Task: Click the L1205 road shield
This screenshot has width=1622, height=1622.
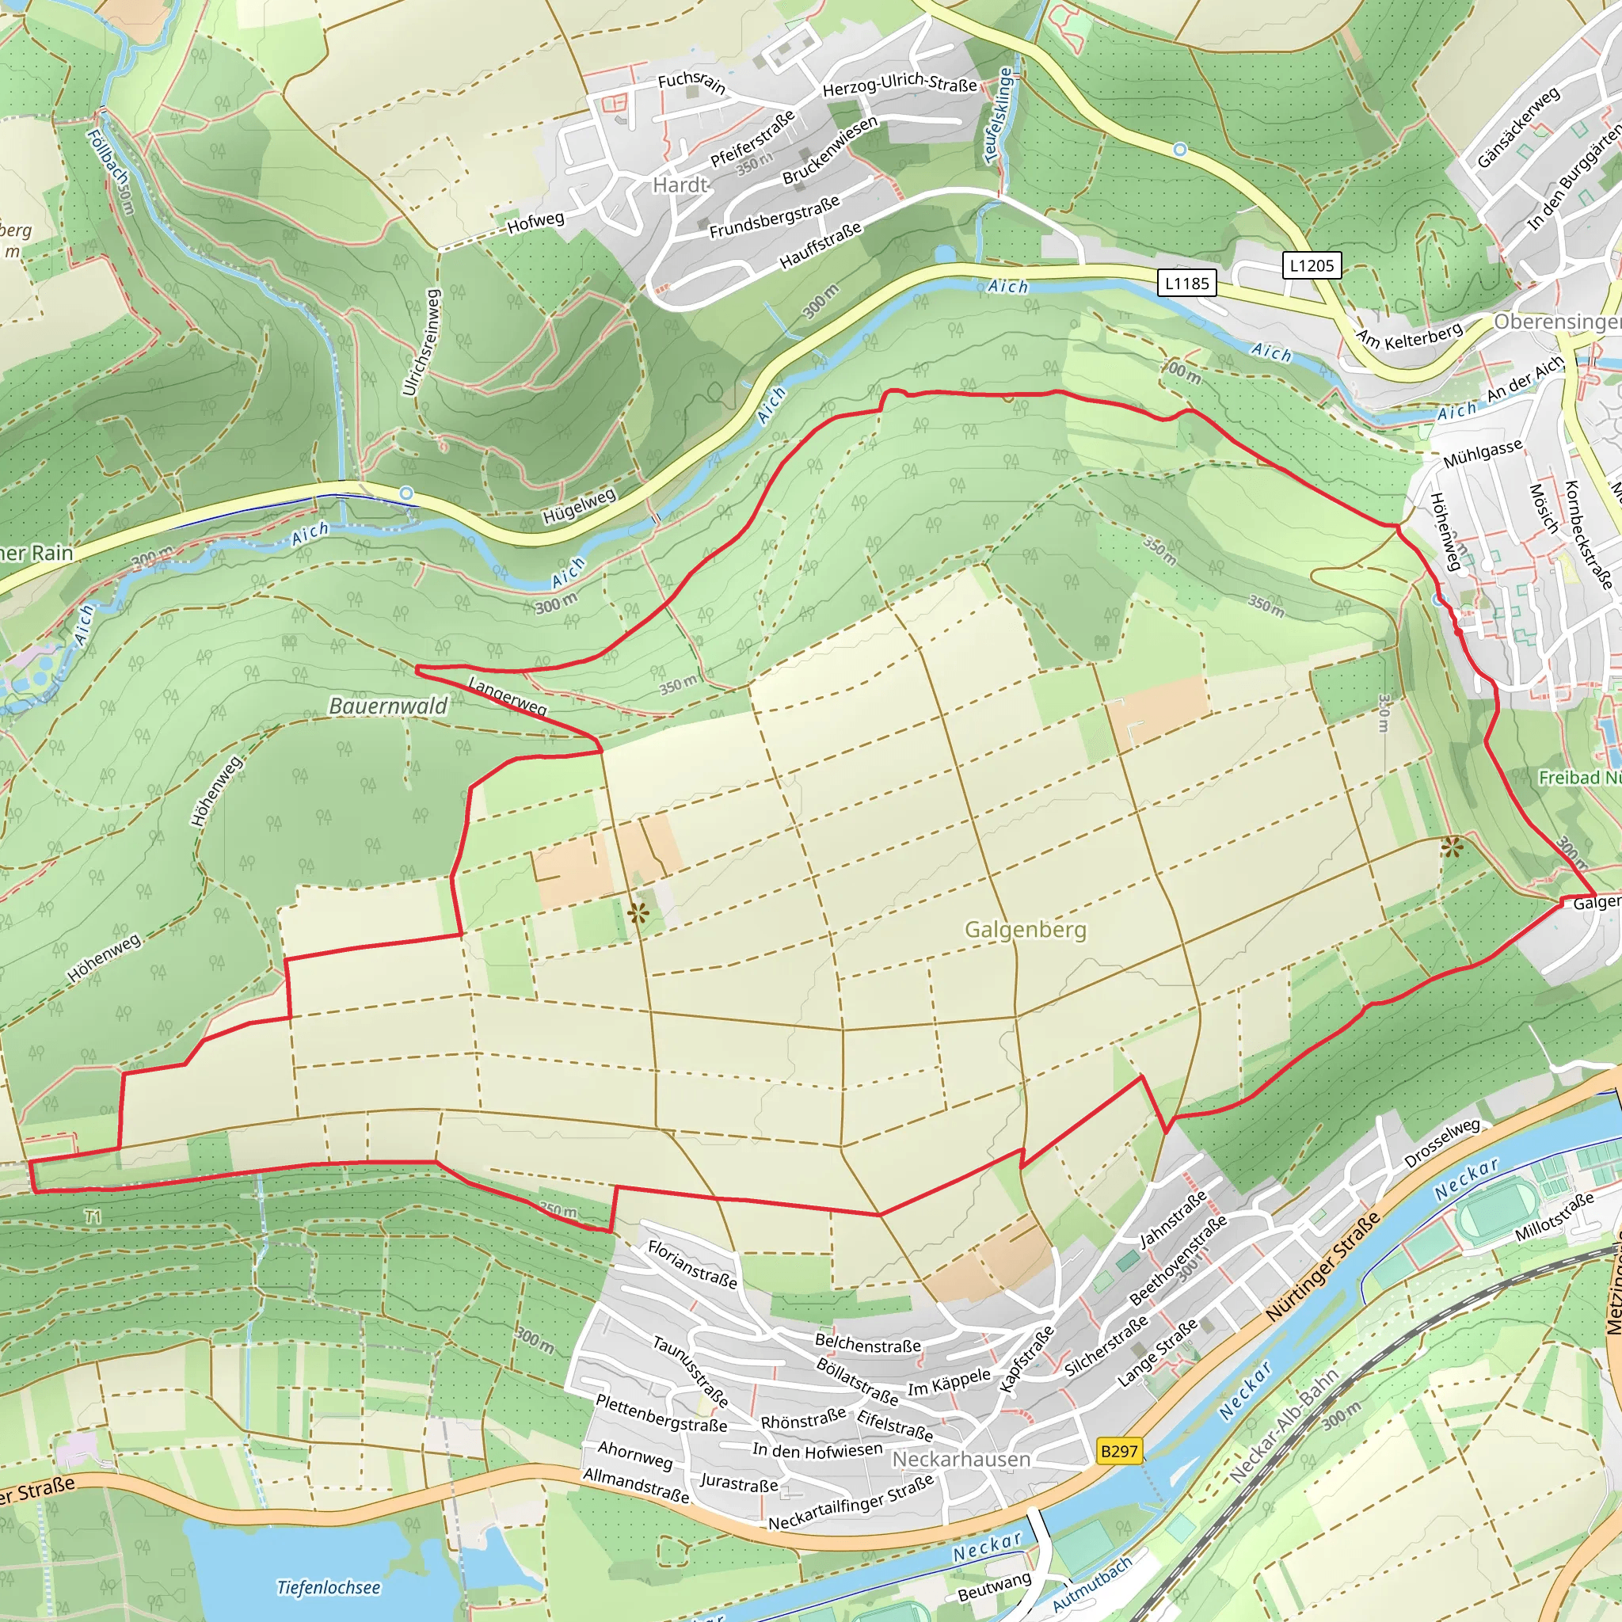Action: (1312, 265)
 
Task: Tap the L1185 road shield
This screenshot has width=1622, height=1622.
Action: (1187, 283)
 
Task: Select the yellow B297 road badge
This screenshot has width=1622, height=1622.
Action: (1119, 1451)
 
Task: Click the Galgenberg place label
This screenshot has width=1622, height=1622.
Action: (1024, 929)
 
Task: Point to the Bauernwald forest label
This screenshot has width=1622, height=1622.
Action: (388, 706)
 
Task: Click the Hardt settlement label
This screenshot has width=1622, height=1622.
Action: (681, 185)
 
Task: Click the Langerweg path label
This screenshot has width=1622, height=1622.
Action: (507, 696)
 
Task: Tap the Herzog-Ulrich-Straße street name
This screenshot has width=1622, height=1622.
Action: (899, 84)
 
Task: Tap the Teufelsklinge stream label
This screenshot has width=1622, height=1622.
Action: (998, 115)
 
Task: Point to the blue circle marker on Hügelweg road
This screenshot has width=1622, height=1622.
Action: (406, 493)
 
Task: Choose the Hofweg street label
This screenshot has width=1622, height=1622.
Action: (535, 223)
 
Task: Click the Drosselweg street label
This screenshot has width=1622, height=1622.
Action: (1442, 1141)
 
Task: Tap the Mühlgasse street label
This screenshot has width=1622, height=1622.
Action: (1482, 454)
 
